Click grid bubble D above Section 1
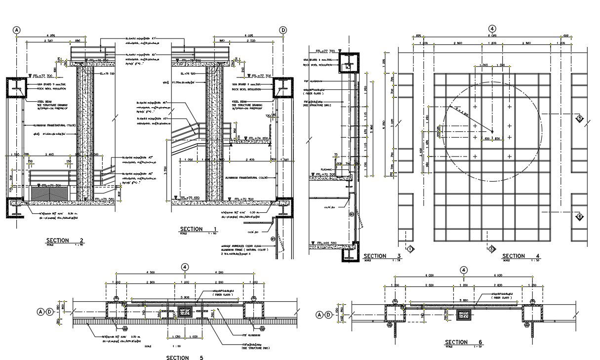(283, 30)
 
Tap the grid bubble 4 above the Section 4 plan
(492, 29)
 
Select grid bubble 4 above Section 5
(185, 267)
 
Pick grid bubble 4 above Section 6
(464, 270)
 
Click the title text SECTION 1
(199, 229)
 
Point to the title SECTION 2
(65, 241)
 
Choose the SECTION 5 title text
(185, 358)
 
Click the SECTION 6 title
(463, 342)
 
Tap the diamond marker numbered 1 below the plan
(410, 249)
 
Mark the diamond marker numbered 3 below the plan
(492, 249)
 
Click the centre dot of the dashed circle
(492, 130)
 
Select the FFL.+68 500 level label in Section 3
(326, 243)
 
